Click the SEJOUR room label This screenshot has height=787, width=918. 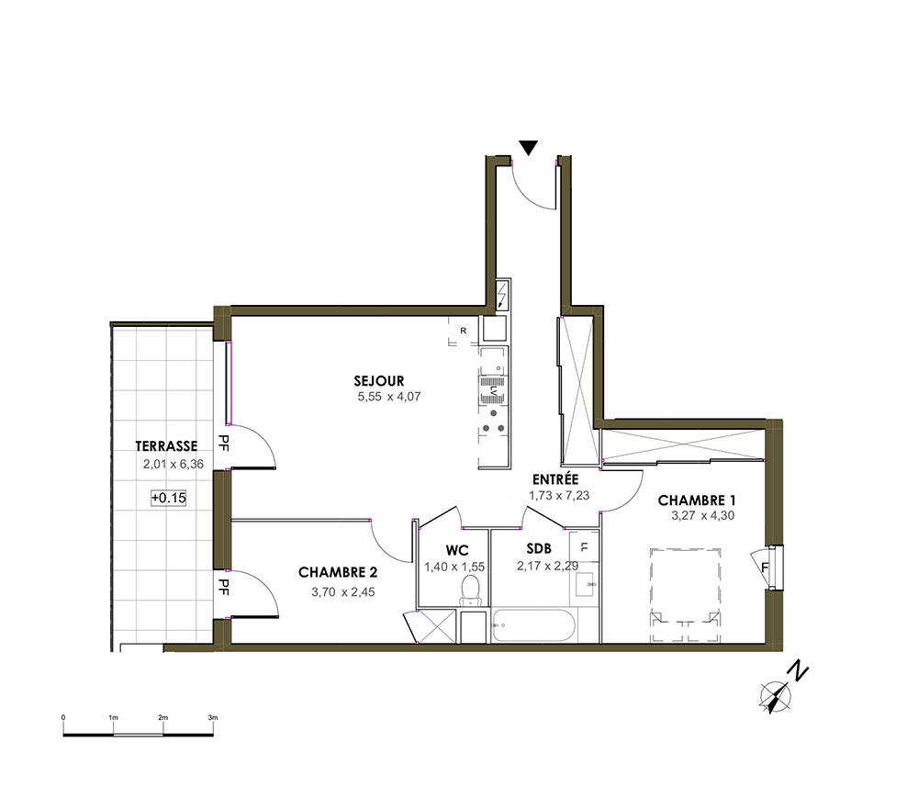[379, 381]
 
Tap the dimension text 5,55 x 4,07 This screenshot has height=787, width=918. [389, 397]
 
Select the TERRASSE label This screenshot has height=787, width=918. [166, 446]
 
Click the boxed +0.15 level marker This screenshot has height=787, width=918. [169, 498]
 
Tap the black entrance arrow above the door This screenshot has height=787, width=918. [529, 148]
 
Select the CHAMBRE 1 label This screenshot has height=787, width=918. [697, 500]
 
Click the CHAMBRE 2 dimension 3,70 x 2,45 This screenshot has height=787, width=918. [343, 592]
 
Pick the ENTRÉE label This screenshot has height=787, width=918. [555, 479]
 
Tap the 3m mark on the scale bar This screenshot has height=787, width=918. [213, 717]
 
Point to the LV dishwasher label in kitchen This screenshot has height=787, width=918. [494, 390]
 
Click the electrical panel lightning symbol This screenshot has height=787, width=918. [502, 295]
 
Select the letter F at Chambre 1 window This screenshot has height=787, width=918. [765, 568]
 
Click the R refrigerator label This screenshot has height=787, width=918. [463, 331]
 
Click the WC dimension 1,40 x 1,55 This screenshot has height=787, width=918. [454, 567]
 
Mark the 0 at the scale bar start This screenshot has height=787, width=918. [63, 717]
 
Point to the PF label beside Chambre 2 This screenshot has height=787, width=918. [223, 587]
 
